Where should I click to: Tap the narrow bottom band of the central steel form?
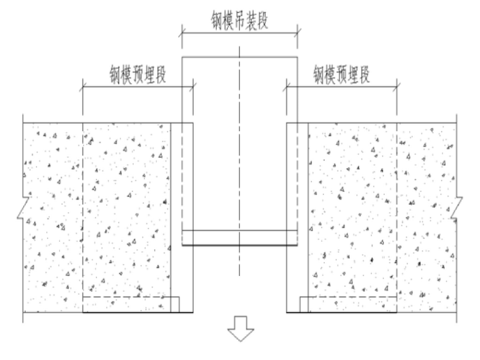239,237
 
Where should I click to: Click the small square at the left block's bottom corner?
176,304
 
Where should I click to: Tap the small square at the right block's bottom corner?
304,304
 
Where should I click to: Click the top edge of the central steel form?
239,57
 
